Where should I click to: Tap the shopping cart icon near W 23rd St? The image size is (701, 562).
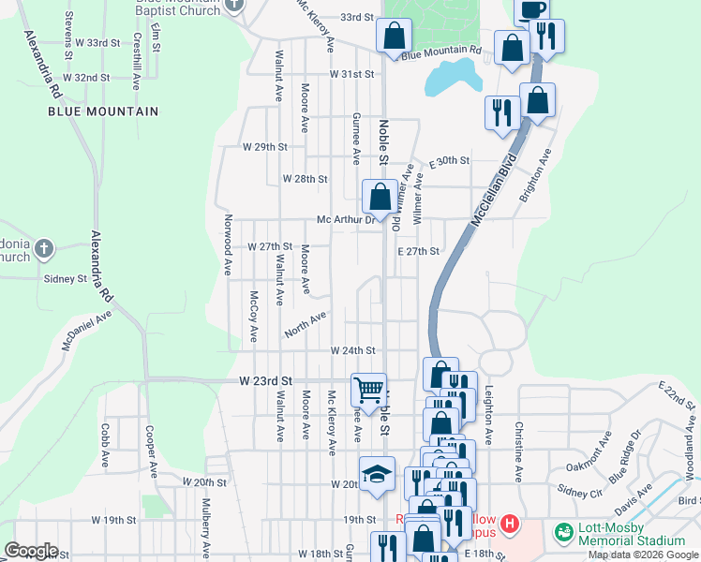(x=368, y=390)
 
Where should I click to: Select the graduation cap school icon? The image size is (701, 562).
(x=377, y=474)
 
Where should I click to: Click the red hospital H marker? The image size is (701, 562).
(x=509, y=523)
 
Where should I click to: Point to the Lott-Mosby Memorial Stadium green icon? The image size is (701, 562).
(x=564, y=532)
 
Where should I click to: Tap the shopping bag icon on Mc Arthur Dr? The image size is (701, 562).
(x=380, y=197)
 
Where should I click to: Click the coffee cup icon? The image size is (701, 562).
(x=532, y=9)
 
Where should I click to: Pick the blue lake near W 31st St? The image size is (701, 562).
(x=448, y=79)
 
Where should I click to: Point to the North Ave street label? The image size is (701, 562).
(x=306, y=325)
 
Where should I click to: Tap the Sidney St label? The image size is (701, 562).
(x=66, y=278)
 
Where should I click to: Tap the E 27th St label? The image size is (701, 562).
(x=418, y=251)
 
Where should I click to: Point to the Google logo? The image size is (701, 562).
(x=32, y=551)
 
